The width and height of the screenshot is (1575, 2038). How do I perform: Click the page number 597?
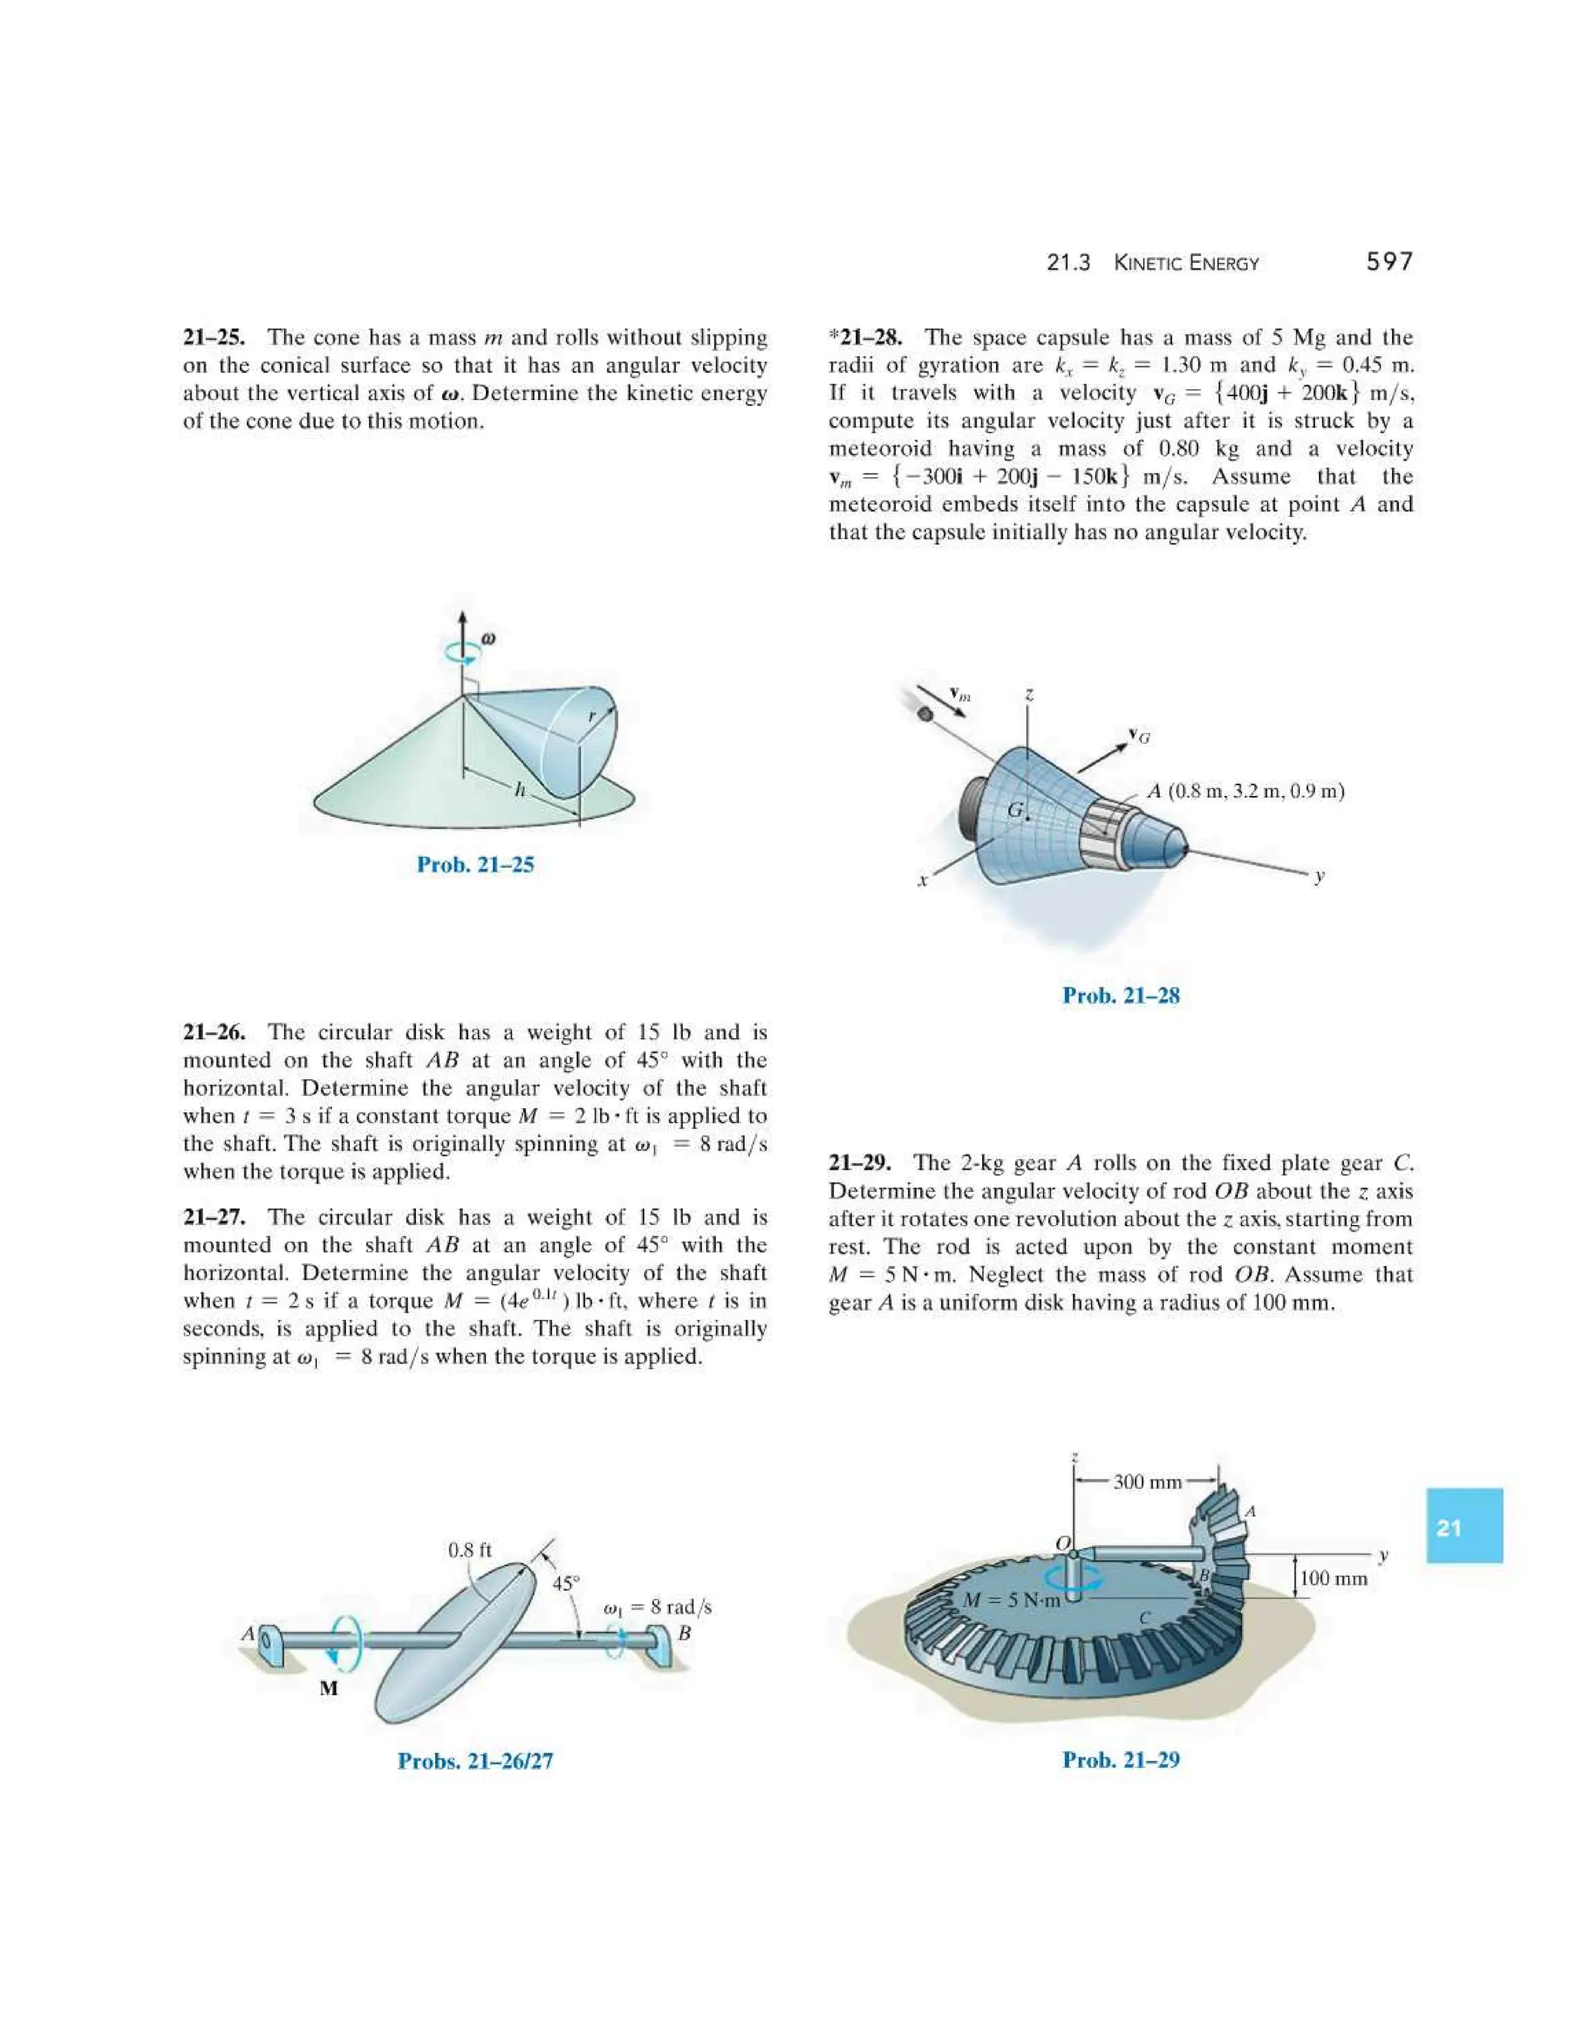[1390, 262]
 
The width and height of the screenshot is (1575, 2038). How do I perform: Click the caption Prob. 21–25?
[475, 864]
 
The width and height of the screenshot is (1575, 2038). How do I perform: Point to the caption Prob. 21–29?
[1120, 1759]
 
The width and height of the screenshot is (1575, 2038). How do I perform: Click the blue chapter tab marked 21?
[1464, 1527]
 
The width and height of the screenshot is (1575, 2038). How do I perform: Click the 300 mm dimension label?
[1147, 1482]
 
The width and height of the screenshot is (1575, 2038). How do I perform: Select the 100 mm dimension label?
[1334, 1578]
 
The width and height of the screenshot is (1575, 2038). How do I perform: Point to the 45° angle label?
[565, 1583]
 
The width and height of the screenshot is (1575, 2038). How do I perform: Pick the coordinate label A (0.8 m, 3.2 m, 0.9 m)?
[1246, 791]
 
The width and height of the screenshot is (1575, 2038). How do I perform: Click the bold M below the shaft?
[328, 1688]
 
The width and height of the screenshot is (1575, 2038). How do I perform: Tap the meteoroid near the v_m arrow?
[924, 714]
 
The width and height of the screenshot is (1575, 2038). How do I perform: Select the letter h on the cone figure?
[521, 791]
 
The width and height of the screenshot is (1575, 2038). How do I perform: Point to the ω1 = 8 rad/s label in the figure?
[658, 1607]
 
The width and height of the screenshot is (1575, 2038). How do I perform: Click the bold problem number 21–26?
[214, 1032]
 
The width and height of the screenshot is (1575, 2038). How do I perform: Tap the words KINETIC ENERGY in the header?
[1186, 263]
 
